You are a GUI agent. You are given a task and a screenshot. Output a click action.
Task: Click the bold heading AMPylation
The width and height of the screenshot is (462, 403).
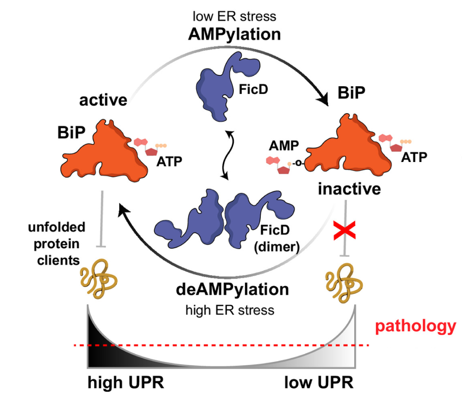tap(234, 35)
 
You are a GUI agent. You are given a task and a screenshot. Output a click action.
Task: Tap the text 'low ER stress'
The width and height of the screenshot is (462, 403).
tap(234, 17)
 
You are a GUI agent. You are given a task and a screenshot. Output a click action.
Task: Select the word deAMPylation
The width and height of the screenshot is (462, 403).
tap(233, 289)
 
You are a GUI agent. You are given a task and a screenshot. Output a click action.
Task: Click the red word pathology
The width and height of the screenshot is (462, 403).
tap(416, 326)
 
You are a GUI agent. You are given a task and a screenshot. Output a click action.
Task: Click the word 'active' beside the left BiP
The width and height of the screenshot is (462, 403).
tap(103, 100)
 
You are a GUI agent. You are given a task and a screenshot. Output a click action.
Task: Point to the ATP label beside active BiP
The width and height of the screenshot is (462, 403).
tap(169, 161)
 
